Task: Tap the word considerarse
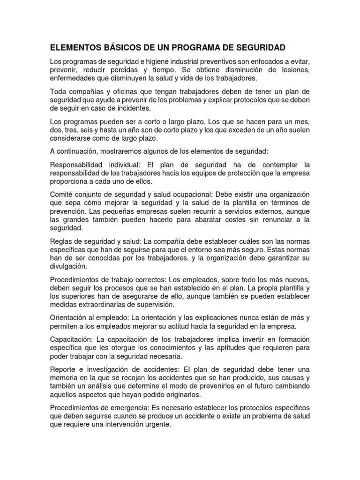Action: coord(72,139)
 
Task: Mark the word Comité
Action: coord(62,194)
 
